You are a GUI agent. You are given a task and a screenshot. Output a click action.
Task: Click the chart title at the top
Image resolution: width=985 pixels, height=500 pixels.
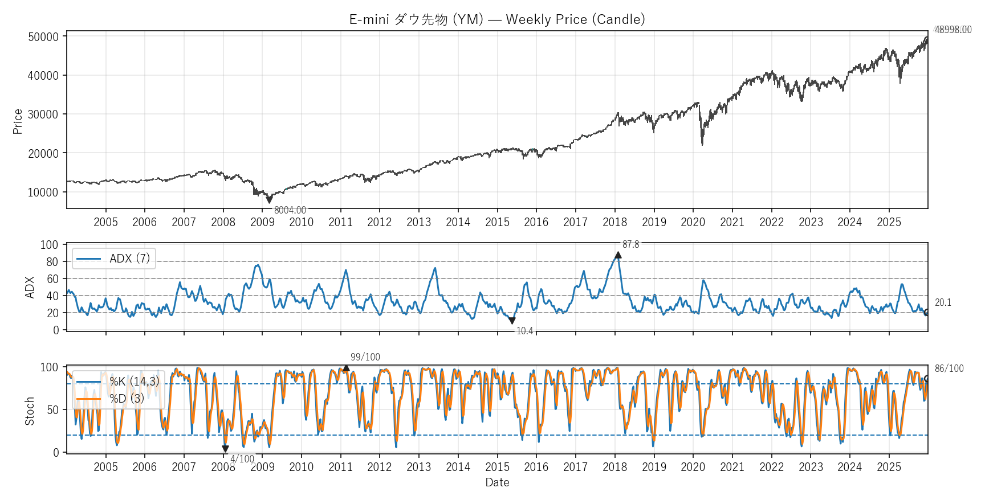click(x=496, y=19)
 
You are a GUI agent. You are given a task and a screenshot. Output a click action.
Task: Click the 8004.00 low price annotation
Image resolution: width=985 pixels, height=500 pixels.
click(x=290, y=210)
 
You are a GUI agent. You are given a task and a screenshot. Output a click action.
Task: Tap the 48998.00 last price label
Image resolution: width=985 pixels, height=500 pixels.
click(x=953, y=30)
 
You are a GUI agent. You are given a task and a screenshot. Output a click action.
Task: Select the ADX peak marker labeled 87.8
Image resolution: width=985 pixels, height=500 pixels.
click(x=618, y=255)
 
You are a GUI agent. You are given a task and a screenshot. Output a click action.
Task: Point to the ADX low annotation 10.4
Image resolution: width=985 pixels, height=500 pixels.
click(x=524, y=331)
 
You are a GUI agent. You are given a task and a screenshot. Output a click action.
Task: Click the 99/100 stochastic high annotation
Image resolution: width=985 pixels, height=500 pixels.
click(x=365, y=357)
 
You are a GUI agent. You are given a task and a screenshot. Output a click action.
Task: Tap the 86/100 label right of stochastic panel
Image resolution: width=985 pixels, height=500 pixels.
click(x=949, y=368)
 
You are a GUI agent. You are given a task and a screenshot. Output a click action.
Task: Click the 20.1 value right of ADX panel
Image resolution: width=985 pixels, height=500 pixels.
click(x=943, y=302)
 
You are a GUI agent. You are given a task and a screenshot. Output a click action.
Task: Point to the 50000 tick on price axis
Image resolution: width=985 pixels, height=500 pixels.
click(x=43, y=36)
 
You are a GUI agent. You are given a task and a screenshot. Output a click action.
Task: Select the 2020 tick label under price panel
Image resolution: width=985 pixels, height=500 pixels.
click(x=693, y=222)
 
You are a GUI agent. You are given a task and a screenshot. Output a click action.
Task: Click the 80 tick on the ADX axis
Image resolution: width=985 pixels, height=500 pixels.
click(x=52, y=261)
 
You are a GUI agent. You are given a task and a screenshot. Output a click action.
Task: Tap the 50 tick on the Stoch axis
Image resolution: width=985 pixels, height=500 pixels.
click(x=52, y=409)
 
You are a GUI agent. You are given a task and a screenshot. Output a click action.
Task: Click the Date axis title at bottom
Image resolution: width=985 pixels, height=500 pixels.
click(x=497, y=482)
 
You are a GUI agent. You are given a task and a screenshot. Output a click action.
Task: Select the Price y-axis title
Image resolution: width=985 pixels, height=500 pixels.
click(x=18, y=121)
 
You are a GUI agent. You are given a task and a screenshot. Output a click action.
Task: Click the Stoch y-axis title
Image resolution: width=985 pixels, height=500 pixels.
click(x=30, y=411)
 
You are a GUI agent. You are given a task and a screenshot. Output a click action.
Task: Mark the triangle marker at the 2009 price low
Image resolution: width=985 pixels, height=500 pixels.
click(x=269, y=200)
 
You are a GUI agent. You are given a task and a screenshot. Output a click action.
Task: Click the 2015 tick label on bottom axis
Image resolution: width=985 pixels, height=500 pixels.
click(x=497, y=467)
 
